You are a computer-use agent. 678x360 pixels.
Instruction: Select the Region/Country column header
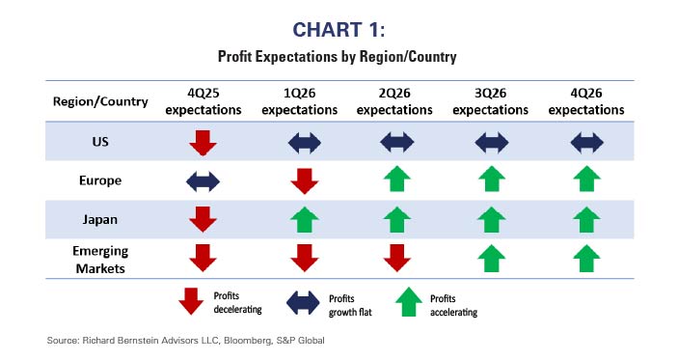99,102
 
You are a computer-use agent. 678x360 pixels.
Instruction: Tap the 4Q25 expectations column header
203,103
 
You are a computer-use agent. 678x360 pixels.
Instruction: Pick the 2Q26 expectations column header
394,103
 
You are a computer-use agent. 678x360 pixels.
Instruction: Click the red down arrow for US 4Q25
203,143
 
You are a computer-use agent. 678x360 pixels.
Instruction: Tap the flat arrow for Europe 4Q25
203,181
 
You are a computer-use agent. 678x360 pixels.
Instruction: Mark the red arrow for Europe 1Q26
304,181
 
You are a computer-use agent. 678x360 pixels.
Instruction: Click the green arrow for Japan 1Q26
304,220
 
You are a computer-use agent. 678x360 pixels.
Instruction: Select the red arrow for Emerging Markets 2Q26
394,259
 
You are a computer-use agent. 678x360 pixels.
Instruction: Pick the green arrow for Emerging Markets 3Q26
491,259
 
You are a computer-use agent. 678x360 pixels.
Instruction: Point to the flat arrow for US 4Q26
586,143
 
